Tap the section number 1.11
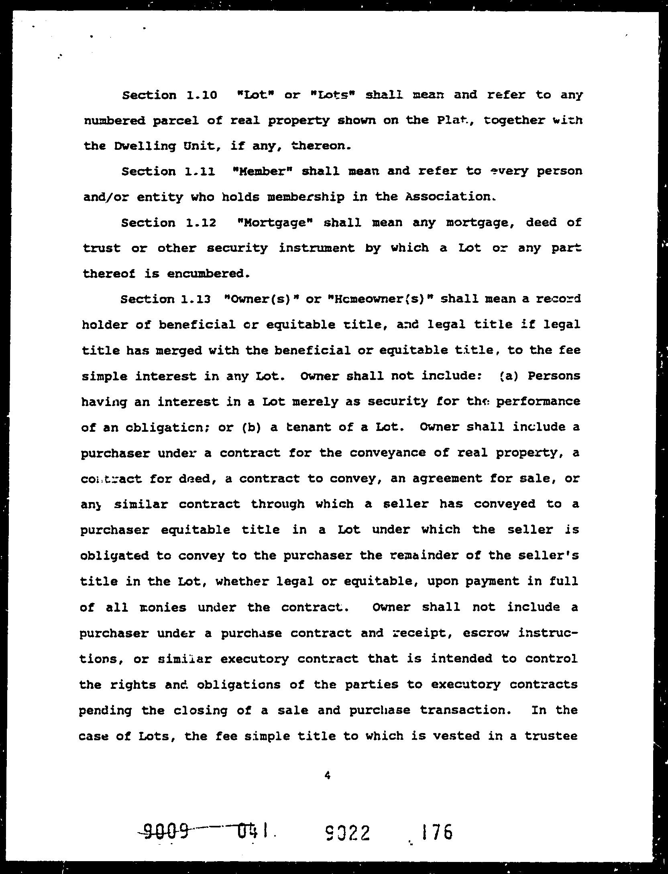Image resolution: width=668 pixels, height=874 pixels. pos(200,172)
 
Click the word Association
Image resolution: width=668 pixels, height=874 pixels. pos(449,197)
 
